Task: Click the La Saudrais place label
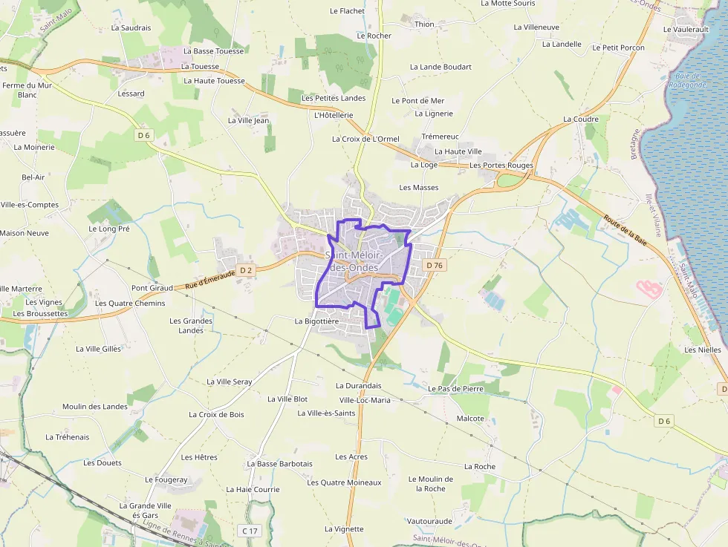tap(131, 27)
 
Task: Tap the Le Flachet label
tap(347, 11)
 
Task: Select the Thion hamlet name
tap(424, 24)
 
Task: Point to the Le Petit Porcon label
tap(618, 48)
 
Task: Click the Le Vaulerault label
tap(686, 29)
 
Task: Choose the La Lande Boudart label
tap(441, 67)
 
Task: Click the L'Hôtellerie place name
tap(334, 115)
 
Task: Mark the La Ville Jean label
tap(248, 120)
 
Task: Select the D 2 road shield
tap(247, 270)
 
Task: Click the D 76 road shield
tap(435, 265)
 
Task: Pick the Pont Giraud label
tap(152, 288)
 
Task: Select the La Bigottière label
tap(316, 321)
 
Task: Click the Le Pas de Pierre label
tap(455, 388)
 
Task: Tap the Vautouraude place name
tap(429, 521)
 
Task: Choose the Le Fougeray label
tap(166, 480)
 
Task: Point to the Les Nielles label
tap(703, 350)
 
